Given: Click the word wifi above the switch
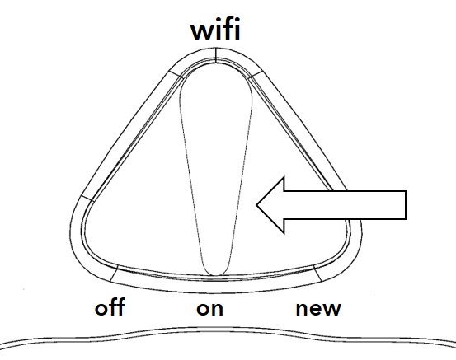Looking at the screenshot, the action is tap(215, 29).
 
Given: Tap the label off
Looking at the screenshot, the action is tap(110, 306).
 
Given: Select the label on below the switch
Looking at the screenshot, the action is tap(209, 309).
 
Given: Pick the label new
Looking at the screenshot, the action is tap(318, 309).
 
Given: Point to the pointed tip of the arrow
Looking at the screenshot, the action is tap(256, 205).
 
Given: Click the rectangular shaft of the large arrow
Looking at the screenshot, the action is tap(345, 205).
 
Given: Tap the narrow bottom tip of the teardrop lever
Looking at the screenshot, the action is tap(215, 274).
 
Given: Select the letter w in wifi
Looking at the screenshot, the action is tap(204, 31).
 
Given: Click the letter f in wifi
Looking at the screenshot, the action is tap(228, 29).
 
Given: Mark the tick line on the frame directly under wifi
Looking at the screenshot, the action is tap(215, 55).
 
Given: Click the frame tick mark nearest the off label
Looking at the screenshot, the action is tap(114, 274).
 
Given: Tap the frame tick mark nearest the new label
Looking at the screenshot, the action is tap(317, 274).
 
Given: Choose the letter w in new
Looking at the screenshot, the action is tap(331, 310).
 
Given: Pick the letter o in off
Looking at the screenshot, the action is tap(101, 309).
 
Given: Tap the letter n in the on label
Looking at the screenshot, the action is tap(217, 309).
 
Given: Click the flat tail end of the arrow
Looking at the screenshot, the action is tap(406, 205).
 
